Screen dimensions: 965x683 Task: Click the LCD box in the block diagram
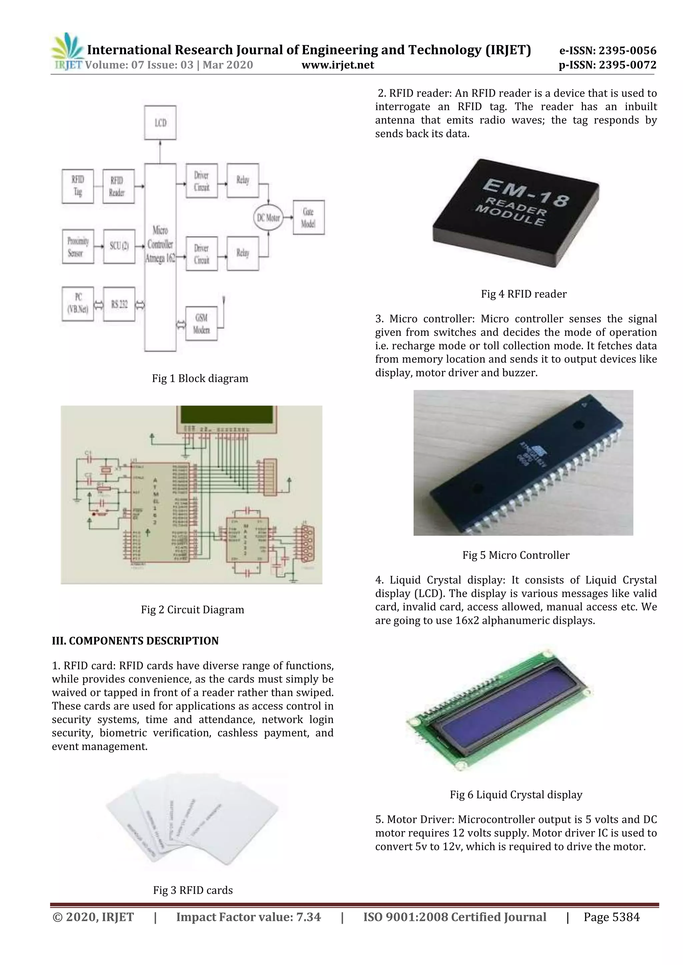160,122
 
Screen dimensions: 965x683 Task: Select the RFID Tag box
78,186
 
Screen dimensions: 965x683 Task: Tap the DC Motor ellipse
268,218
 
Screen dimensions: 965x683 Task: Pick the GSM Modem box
201,323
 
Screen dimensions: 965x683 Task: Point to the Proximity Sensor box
78,247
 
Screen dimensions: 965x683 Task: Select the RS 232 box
119,304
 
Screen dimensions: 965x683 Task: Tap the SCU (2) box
119,246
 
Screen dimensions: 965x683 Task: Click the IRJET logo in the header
67,52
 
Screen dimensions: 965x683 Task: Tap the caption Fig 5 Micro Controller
516,555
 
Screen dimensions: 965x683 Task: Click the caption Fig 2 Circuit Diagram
192,609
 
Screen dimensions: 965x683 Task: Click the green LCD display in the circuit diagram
226,415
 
